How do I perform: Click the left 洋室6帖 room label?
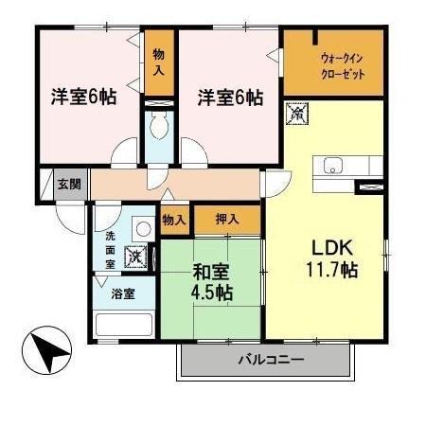[82, 98]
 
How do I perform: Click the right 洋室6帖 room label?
[230, 98]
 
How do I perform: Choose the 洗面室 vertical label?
[110, 249]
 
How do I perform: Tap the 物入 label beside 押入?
[173, 220]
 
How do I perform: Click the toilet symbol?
[158, 124]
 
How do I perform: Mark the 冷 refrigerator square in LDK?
[296, 114]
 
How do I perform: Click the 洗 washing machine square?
[136, 256]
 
